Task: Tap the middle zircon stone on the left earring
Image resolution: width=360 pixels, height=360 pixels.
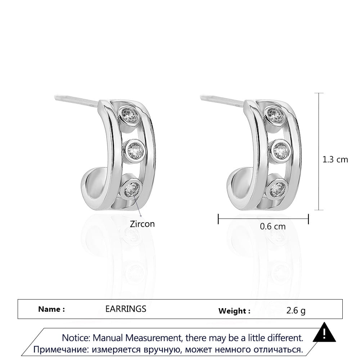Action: click(135, 150)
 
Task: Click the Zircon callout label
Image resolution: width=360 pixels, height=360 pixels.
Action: click(142, 224)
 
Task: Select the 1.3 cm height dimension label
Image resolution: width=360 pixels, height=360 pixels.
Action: click(335, 159)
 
